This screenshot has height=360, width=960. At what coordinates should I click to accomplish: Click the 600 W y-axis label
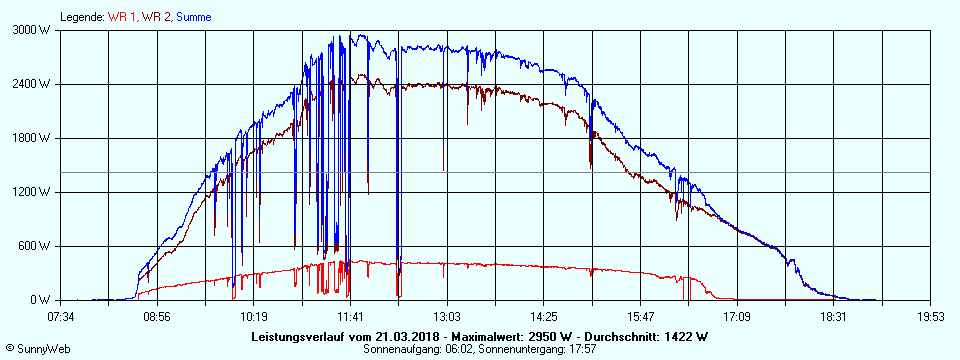point(38,246)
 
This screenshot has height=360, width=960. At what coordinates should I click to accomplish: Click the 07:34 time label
point(61,317)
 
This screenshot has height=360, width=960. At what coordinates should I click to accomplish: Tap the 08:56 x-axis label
point(157,317)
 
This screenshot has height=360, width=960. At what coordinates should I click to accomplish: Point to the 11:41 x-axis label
point(350,317)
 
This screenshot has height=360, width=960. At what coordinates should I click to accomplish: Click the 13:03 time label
point(447,317)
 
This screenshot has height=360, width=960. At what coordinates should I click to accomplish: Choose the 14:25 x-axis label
point(543,317)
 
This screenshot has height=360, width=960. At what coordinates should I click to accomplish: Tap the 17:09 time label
point(737,317)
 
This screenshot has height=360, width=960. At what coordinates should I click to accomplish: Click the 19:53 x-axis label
point(931,317)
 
